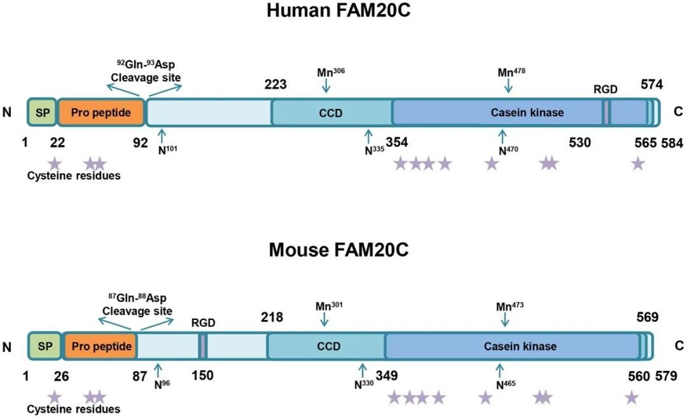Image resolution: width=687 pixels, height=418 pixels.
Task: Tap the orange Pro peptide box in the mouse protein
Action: click(x=101, y=347)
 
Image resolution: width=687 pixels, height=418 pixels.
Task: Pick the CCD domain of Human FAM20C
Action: click(x=331, y=113)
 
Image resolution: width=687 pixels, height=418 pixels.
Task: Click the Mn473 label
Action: click(x=509, y=306)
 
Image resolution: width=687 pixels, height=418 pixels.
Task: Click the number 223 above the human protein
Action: click(x=275, y=85)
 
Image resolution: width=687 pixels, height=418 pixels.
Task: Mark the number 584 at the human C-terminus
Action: click(x=672, y=143)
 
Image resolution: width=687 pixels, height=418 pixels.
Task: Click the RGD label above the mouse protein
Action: click(x=204, y=323)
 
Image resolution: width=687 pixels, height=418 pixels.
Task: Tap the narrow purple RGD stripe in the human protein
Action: click(x=606, y=113)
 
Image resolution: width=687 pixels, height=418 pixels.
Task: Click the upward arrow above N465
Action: click(x=499, y=370)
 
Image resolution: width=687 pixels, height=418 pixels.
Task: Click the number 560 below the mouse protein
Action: click(x=639, y=376)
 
